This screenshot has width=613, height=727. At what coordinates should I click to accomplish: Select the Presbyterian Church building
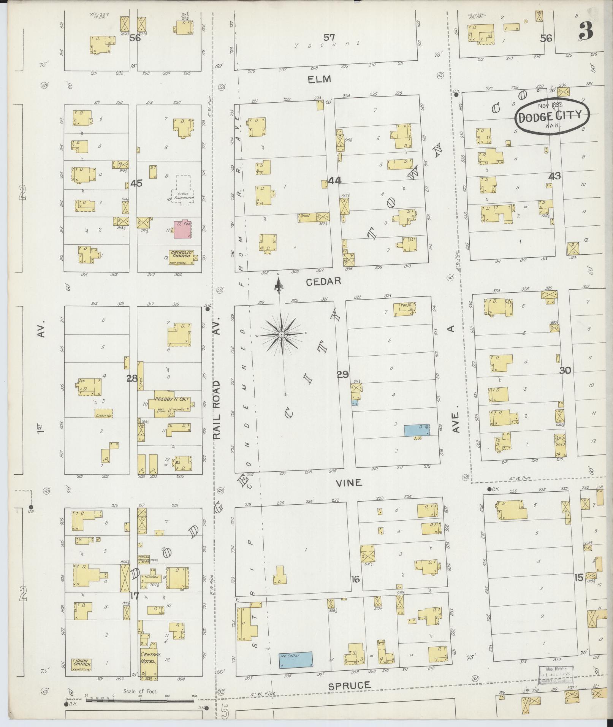[x=171, y=403]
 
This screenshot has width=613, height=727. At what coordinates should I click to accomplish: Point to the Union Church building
[x=82, y=665]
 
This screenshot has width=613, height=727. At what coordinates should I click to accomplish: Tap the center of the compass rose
[x=281, y=334]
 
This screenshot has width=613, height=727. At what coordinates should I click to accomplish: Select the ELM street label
[x=320, y=79]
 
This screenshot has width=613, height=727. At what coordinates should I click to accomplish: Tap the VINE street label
[x=349, y=483]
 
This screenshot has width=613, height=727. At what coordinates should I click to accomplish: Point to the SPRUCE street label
[x=349, y=686]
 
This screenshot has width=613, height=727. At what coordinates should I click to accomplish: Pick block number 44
[x=334, y=181]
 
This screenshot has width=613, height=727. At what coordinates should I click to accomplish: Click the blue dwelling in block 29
[x=416, y=430]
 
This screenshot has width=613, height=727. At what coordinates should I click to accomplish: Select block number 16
[x=355, y=580]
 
